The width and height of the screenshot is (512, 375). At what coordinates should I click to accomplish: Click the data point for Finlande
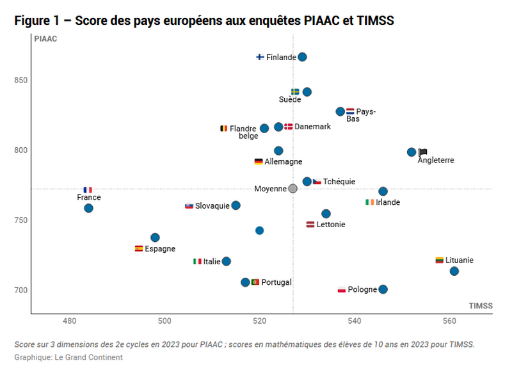302,57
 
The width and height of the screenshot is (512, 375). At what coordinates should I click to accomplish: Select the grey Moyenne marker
292,189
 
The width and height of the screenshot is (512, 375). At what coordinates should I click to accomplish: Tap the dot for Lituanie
454,271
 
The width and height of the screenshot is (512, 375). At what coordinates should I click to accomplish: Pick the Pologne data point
383,289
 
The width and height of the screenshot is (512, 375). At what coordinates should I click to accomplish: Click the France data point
88,208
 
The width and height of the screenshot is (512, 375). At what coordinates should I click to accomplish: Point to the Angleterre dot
412,152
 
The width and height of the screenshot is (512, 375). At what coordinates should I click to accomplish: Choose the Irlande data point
383,191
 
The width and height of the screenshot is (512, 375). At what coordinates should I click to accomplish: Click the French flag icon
88,190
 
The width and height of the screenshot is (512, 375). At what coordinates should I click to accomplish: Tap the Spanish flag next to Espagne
139,248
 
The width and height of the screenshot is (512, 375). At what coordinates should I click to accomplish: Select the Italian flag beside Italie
197,261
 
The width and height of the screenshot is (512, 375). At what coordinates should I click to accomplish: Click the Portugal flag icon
255,282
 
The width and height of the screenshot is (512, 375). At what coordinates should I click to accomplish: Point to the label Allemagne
283,162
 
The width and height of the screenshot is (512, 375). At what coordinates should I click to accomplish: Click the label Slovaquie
212,206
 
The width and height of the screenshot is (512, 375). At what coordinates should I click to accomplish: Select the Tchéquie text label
339,182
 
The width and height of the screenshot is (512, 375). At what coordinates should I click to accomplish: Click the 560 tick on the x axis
449,320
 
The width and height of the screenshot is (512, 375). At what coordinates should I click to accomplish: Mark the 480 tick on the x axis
70,320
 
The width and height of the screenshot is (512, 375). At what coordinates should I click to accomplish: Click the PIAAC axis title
45,39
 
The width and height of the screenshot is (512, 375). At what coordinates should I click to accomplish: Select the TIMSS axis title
481,306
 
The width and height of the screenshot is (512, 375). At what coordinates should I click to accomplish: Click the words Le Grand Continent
88,357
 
